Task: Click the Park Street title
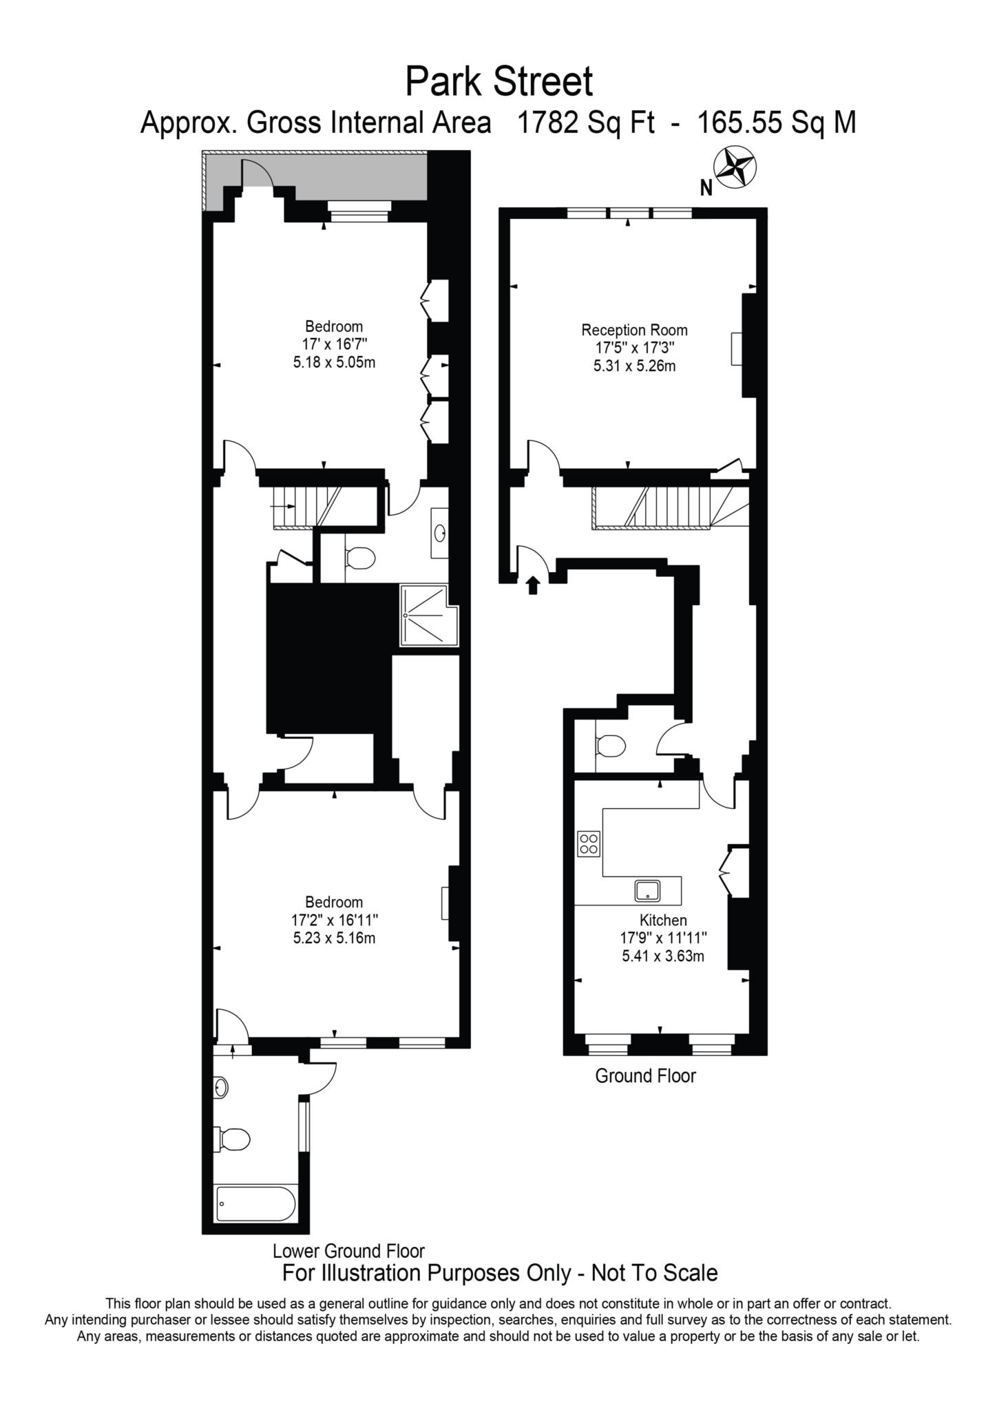(x=498, y=83)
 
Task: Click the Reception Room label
(x=634, y=330)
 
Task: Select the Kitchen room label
(x=663, y=920)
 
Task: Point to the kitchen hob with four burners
(x=589, y=843)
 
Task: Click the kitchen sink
(x=647, y=891)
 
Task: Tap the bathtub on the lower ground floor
(x=255, y=1204)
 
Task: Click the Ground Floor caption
(x=645, y=1075)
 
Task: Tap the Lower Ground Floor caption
(x=348, y=1250)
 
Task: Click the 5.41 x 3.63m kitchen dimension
(x=663, y=956)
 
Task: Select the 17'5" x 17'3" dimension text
(x=634, y=348)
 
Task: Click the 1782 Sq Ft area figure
(x=585, y=123)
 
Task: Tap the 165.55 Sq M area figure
(x=777, y=123)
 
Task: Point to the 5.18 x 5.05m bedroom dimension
(x=334, y=362)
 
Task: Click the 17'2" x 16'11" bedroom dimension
(x=334, y=920)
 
